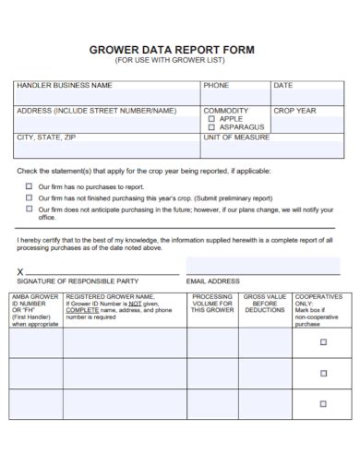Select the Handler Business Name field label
[64, 86]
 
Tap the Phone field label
[216, 86]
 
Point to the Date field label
[282, 86]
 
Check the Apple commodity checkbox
[211, 119]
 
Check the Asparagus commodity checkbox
[211, 127]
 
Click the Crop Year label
[294, 111]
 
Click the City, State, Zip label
[46, 137]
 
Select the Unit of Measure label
[237, 137]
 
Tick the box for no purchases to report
[29, 185]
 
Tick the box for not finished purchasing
[29, 197]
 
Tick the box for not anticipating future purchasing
[29, 209]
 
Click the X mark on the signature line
[21, 270]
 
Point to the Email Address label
[212, 281]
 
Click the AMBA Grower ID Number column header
[35, 310]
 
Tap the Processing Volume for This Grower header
[212, 304]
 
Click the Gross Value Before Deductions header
[264, 304]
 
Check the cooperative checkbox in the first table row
[322, 342]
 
